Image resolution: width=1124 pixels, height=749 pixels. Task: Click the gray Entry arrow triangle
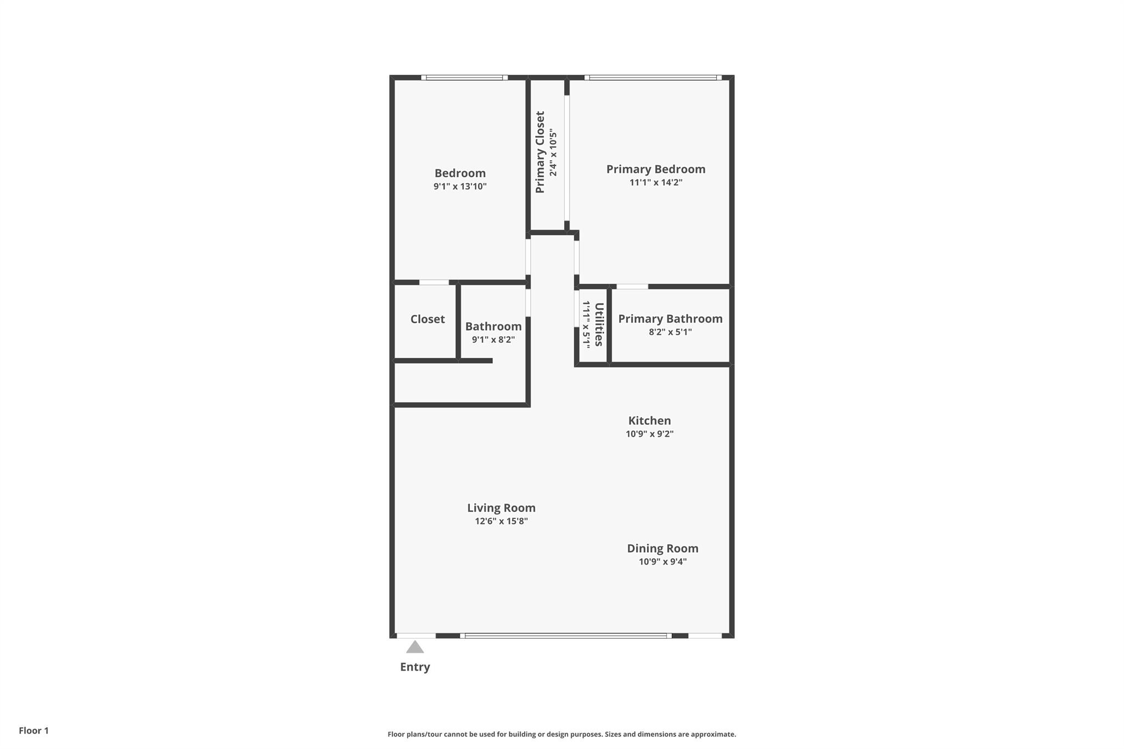click(415, 647)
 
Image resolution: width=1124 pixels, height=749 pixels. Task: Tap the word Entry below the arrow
click(415, 667)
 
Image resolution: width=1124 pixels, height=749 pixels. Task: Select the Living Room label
click(501, 508)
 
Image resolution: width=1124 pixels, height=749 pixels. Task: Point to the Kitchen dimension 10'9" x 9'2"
click(649, 433)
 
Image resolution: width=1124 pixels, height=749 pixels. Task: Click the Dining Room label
click(662, 548)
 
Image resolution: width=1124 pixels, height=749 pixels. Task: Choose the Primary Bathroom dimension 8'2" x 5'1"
click(670, 331)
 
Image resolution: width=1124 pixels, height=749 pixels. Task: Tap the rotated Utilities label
click(599, 324)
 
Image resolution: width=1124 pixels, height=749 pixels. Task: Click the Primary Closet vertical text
click(540, 152)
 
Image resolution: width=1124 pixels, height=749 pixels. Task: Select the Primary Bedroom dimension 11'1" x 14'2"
click(655, 182)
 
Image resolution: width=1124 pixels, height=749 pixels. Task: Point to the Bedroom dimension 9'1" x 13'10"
click(460, 186)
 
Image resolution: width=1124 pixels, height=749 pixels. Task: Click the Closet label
click(428, 319)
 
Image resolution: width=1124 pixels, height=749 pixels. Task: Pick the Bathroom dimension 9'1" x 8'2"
click(493, 339)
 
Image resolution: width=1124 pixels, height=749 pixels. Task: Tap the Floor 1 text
click(33, 730)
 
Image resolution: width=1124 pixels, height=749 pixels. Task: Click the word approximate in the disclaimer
click(713, 734)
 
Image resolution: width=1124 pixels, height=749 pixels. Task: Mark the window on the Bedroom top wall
click(464, 78)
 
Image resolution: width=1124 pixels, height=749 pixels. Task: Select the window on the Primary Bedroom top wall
click(653, 78)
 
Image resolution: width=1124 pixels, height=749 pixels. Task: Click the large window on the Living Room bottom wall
click(565, 635)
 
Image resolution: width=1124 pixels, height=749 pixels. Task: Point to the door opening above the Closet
click(434, 283)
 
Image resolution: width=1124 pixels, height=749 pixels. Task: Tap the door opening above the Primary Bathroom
click(632, 286)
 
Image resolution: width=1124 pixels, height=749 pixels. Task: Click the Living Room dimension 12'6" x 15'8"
click(501, 521)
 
